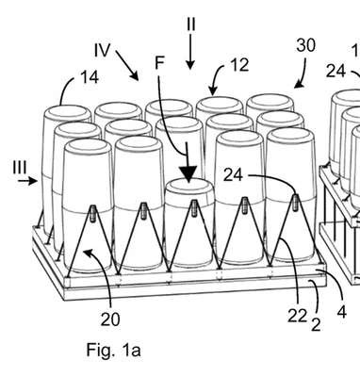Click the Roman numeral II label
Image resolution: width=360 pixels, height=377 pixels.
point(191,25)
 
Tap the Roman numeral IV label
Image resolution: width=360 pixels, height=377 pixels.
point(103,50)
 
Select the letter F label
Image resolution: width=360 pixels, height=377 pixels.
point(159,63)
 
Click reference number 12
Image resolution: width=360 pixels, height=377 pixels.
point(239,65)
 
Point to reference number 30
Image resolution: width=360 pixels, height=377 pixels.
point(305,45)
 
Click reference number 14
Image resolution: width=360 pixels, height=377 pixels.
point(90,77)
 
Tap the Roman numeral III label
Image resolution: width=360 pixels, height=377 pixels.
point(20,167)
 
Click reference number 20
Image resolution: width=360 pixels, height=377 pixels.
point(110,320)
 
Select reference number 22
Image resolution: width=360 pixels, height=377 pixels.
point(297,317)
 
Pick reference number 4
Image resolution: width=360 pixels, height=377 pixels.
point(342,312)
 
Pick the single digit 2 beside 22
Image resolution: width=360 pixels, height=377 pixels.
point(316,325)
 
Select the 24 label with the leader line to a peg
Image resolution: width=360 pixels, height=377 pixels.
point(233,175)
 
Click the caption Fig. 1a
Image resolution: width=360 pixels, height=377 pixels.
point(113,350)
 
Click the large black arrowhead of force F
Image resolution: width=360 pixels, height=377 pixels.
point(188,173)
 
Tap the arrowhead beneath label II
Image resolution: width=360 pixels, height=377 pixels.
point(189,65)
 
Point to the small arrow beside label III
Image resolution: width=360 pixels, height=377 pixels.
point(27,181)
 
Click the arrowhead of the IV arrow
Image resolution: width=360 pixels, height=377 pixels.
point(135,76)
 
